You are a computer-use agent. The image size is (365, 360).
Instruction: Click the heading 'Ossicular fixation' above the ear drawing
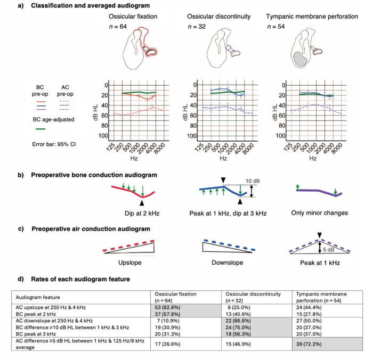(133, 17)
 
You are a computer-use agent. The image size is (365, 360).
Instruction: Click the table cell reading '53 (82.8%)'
(166, 307)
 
